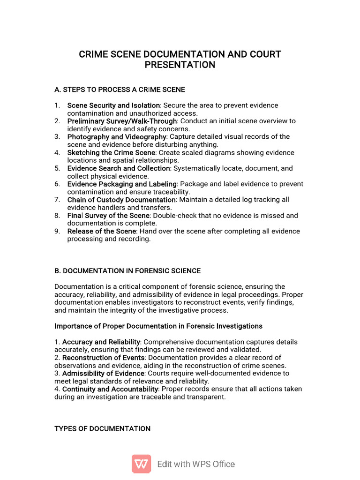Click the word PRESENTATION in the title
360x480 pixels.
(180, 65)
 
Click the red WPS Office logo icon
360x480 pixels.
(141, 464)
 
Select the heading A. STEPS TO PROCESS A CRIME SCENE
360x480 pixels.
(120, 90)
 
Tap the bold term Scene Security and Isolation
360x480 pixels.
(113, 105)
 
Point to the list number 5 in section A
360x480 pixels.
(57, 168)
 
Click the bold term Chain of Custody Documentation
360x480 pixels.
(121, 200)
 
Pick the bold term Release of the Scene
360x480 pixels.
(102, 231)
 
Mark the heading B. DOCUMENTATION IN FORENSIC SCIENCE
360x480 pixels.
(127, 271)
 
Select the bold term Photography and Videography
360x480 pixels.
(117, 137)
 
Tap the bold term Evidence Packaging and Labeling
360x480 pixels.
(122, 184)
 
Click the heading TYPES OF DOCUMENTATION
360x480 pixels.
(103, 429)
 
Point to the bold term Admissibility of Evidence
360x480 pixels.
(103, 374)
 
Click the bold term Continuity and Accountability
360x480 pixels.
(110, 389)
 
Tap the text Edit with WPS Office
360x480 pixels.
(196, 464)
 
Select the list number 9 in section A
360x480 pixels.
(57, 231)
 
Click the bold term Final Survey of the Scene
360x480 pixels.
(108, 216)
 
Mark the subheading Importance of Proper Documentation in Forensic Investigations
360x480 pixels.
(158, 326)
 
